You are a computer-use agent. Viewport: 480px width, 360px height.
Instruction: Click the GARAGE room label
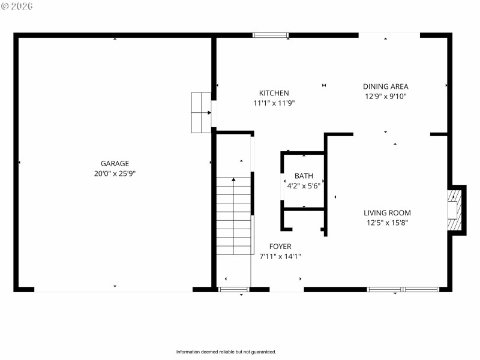[115, 163]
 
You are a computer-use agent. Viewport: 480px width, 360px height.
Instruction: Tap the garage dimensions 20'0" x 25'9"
[115, 173]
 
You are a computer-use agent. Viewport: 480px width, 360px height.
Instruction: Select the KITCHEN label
[274, 93]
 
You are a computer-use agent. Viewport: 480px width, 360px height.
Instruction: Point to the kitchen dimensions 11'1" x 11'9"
[274, 103]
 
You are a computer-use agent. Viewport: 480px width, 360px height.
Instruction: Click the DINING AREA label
[386, 86]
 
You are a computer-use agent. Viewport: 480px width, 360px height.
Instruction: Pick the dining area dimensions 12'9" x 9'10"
[386, 96]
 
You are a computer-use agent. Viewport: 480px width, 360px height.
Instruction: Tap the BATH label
[304, 176]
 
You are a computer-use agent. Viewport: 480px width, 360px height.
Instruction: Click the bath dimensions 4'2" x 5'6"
[304, 186]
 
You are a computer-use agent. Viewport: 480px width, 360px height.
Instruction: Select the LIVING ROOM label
[387, 212]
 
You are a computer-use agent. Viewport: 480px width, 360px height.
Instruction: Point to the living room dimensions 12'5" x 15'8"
[387, 223]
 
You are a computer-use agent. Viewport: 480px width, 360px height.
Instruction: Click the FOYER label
[280, 247]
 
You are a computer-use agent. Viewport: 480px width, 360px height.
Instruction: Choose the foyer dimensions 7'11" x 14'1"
[280, 256]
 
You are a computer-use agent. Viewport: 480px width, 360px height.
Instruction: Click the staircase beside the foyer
[234, 216]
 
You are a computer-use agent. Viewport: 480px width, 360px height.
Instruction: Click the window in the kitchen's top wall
[271, 35]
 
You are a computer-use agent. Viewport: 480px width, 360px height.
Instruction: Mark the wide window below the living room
[403, 289]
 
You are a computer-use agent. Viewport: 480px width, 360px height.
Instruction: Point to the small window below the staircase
[233, 289]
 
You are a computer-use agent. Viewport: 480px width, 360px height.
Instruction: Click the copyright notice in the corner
[17, 6]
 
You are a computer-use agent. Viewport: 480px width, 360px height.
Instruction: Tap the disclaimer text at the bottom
[226, 352]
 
